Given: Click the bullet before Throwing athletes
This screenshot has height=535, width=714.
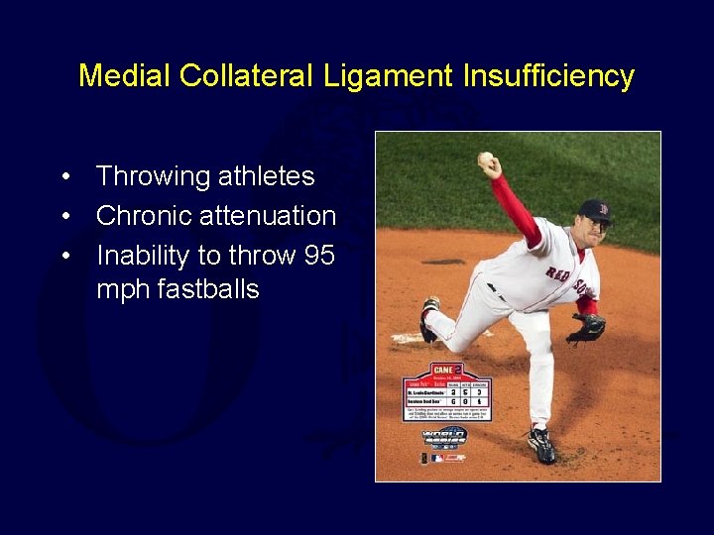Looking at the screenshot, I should (65, 177).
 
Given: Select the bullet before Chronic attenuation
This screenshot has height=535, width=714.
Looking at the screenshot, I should (65, 216).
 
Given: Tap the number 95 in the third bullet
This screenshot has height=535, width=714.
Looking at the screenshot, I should (319, 256).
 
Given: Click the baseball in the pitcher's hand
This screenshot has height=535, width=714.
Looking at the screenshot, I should (485, 159).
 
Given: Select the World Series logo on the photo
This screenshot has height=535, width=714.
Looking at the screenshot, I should (444, 438).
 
